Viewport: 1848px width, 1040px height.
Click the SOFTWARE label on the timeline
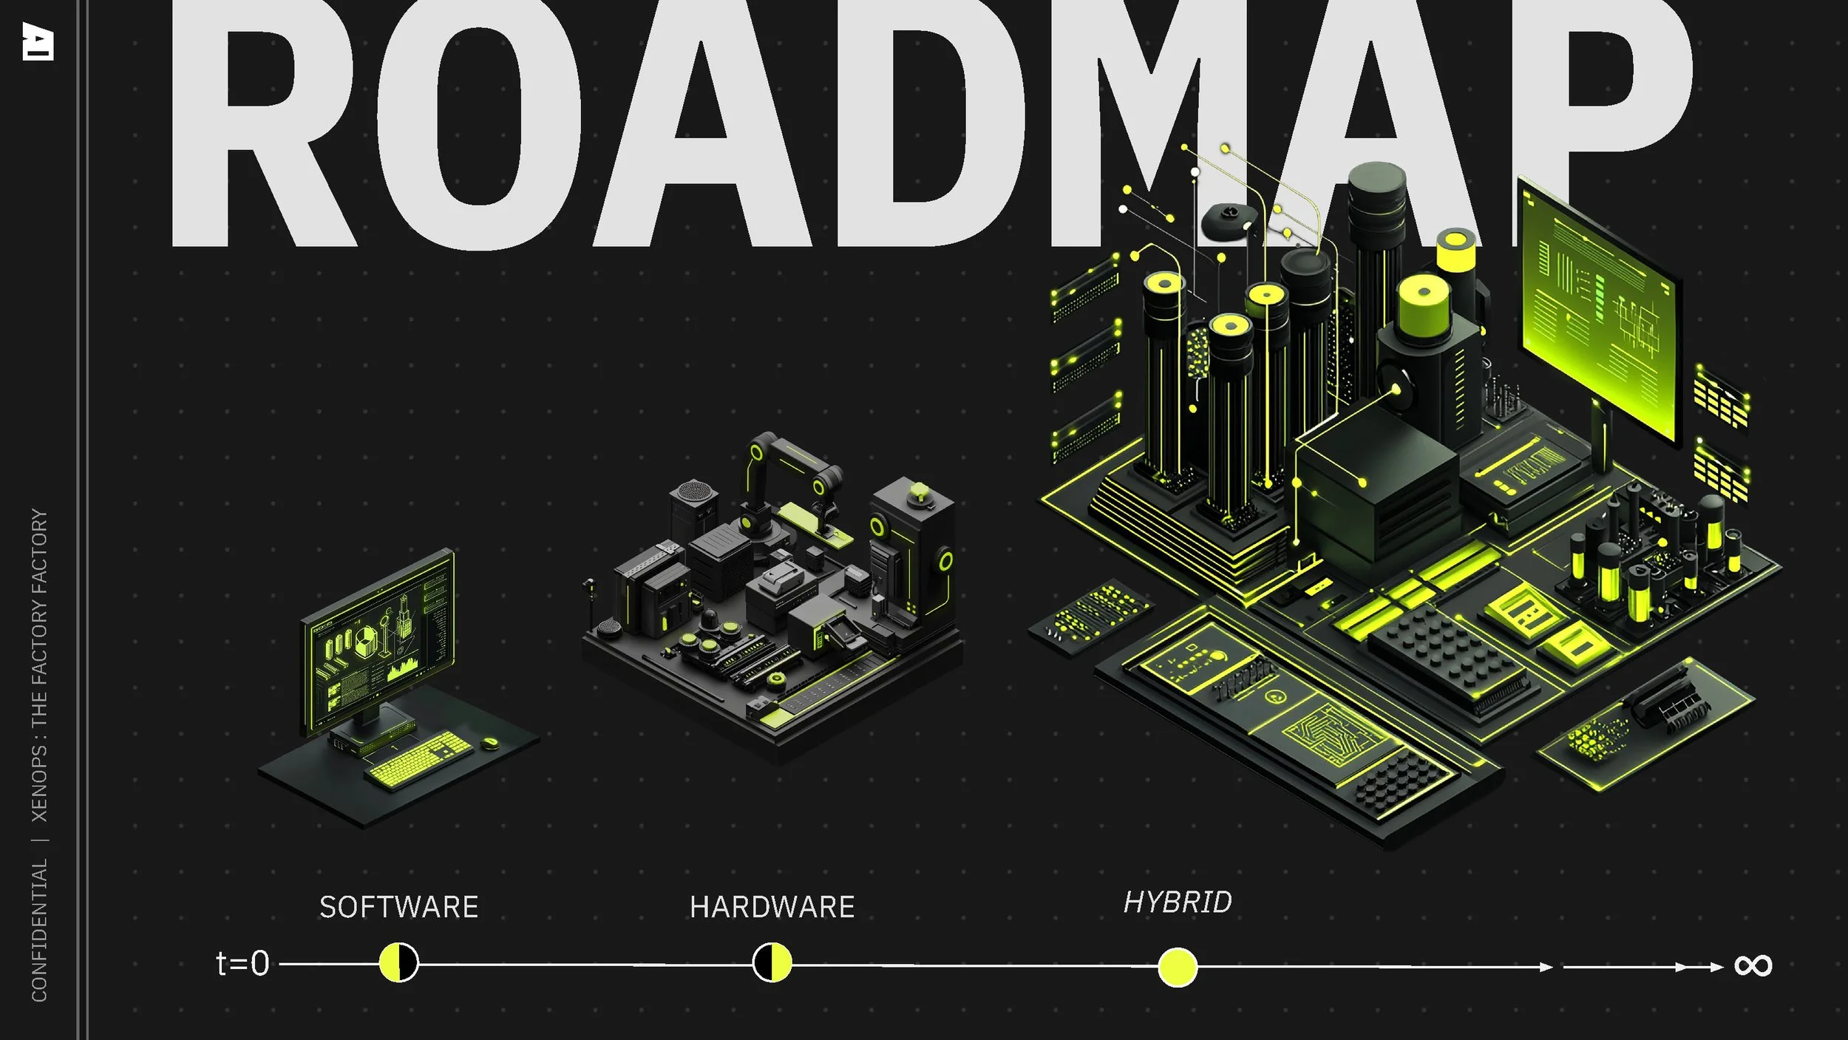pos(398,907)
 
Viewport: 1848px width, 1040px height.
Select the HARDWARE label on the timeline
pos(772,907)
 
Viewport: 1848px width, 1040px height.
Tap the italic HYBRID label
pos(1178,902)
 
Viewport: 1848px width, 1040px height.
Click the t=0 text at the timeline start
pos(242,964)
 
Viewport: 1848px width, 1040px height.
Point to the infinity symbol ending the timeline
pos(1753,965)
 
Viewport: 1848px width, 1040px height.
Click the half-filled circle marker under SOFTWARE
pos(398,962)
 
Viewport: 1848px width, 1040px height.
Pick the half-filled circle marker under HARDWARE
pos(772,962)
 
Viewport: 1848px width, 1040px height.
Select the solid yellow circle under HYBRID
pos(1178,967)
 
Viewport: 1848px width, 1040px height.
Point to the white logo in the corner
pos(38,41)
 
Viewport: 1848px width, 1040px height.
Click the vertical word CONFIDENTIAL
pos(39,930)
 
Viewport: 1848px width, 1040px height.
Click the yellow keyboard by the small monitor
pos(418,760)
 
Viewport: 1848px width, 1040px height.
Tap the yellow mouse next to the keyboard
pos(489,742)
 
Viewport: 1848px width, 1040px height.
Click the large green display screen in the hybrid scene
pos(1597,310)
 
